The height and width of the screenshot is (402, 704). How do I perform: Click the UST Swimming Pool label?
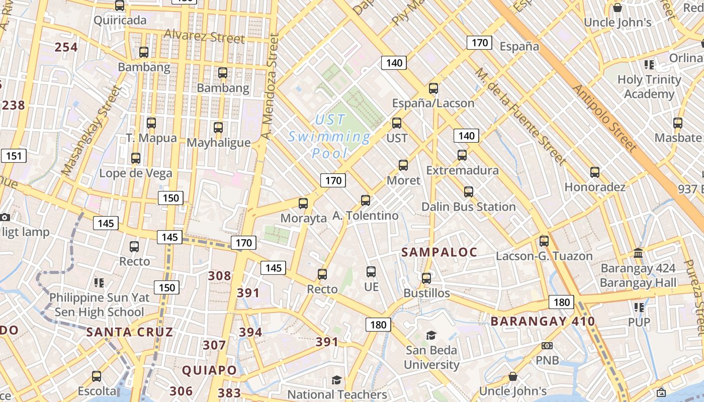pos(329,136)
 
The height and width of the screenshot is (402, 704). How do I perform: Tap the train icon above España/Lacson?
pos(433,89)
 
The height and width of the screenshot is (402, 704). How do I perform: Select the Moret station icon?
pos(403,165)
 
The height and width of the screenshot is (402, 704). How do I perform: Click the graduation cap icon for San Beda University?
pos(431,335)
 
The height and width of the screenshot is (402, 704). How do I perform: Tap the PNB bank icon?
pos(547,346)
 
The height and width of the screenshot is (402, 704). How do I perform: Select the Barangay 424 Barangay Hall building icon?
pos(638,253)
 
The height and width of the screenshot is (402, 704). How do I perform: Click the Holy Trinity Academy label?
pos(649,86)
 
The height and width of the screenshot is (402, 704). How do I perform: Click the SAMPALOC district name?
pos(439,252)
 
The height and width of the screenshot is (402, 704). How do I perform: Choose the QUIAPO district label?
pos(209,370)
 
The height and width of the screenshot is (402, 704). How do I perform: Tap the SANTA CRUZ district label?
pos(129,332)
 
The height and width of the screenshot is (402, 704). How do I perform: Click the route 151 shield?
pos(14,156)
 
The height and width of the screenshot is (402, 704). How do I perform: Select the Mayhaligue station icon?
pos(218,128)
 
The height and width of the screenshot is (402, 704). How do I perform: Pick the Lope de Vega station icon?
pos(135,159)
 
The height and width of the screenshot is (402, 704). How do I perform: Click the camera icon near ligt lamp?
pos(5,217)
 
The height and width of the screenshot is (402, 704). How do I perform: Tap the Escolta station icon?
pos(97,376)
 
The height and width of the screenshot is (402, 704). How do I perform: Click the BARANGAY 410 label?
pos(543,321)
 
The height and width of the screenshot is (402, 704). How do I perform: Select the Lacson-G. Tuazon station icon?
pos(544,241)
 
